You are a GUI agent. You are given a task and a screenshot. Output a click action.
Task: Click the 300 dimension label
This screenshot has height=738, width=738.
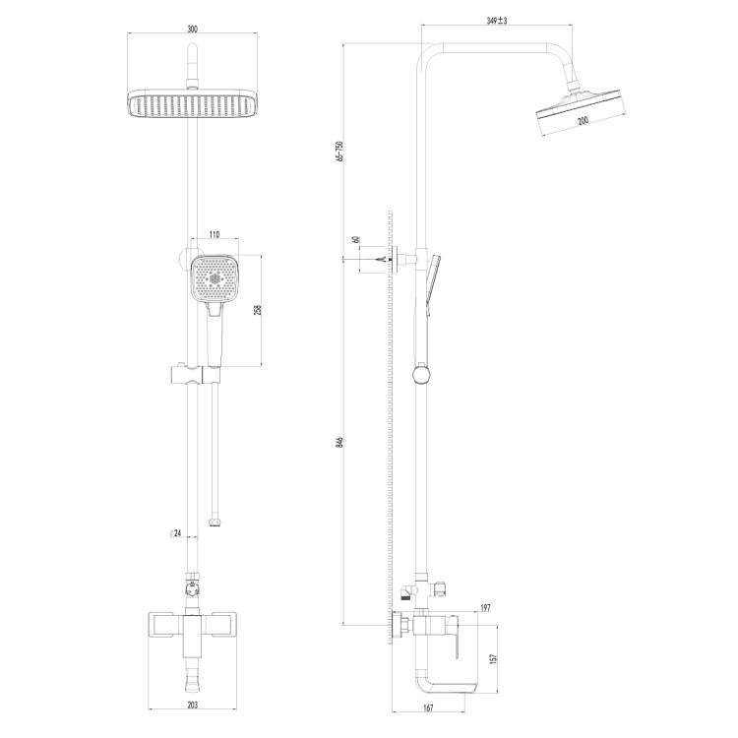193,29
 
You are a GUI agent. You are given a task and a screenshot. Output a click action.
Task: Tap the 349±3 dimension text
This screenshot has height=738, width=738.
497,21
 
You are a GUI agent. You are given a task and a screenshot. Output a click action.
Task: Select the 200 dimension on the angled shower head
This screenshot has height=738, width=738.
583,120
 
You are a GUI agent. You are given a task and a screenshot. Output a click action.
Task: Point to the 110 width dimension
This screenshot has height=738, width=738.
215,235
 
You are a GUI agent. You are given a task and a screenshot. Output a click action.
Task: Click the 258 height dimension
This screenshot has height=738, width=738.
258,310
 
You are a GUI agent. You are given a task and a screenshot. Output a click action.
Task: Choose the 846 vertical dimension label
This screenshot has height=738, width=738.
340,442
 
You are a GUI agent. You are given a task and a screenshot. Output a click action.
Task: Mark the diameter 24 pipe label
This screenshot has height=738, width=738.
175,533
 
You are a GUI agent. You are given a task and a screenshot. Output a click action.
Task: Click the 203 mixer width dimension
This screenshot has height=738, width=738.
193,705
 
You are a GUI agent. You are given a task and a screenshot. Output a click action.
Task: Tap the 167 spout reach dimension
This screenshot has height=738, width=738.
428,707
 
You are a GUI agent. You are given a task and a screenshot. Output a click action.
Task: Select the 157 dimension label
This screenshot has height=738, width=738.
493,659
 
